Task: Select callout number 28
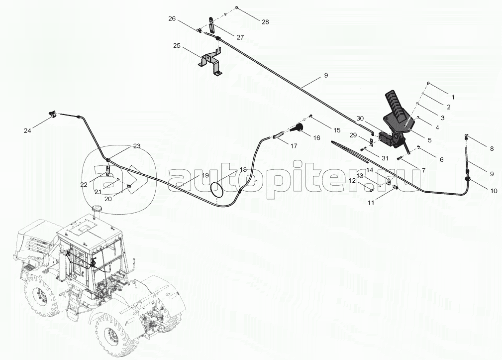coord(265,22)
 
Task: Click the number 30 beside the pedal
coord(360,119)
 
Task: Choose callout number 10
coord(494,191)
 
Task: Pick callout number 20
coord(107,198)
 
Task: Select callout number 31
coord(384,158)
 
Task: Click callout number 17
coord(294,146)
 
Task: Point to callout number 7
coord(423,170)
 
